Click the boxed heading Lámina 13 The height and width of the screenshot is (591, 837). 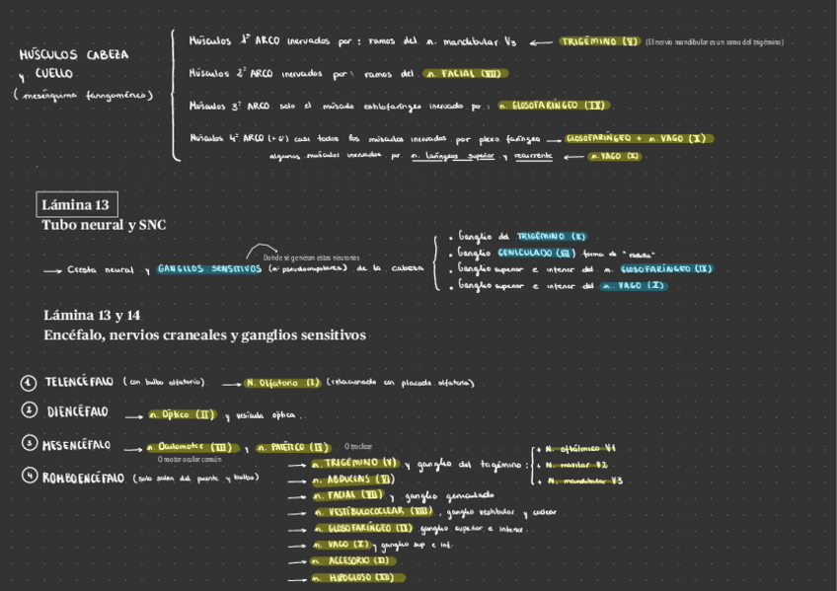coord(76,205)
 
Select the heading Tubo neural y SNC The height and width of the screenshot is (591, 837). coord(104,225)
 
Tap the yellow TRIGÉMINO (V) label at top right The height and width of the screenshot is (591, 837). coord(600,42)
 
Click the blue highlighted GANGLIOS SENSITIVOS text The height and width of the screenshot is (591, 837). coord(208,268)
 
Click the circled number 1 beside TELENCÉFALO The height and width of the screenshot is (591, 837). coord(29,382)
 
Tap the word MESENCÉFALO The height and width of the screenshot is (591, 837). coord(77,445)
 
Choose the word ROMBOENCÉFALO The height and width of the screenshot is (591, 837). coord(85,478)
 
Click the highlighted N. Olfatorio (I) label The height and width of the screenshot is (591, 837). coord(283,383)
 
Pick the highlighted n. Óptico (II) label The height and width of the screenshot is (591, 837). coord(183,415)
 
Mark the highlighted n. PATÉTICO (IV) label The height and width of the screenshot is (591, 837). coord(292,448)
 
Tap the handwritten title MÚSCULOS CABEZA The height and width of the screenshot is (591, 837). coord(74,55)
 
